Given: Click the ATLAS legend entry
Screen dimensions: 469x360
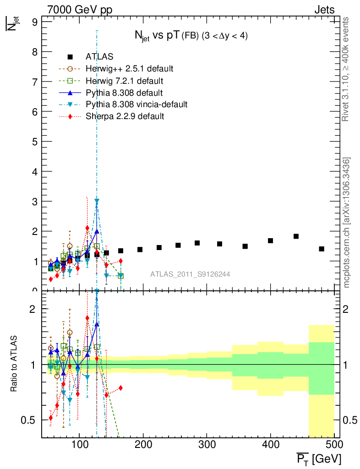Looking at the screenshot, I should pos(99,57).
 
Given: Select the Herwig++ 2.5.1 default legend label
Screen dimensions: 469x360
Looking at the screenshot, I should pos(129,69).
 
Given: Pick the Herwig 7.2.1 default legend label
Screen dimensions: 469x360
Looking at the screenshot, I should pos(125,81).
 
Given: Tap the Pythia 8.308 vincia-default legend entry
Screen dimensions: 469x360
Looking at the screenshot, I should pos(136,104).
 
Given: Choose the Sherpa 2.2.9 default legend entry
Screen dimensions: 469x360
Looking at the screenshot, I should pos(125,116).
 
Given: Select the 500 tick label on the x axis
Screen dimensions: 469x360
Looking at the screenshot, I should pos(334,446).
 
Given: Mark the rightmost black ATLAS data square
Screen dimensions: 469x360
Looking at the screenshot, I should pos(322,249).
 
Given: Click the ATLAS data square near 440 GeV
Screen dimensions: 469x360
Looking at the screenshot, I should pos(296,236).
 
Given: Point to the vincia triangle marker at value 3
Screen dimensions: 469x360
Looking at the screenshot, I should pos(97,201).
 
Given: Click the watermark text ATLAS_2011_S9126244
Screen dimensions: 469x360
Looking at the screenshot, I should pos(190,274).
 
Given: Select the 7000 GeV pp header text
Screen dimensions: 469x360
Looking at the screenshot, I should pos(80,10).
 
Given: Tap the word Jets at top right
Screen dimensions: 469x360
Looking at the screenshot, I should pos(324,10).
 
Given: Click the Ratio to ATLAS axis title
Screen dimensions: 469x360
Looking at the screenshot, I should pos(14,364).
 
